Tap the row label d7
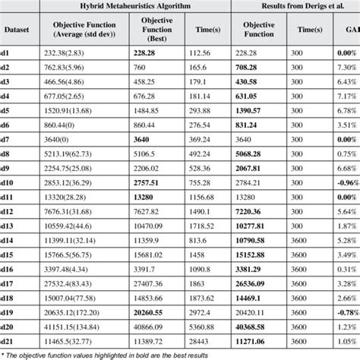click(7, 139)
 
